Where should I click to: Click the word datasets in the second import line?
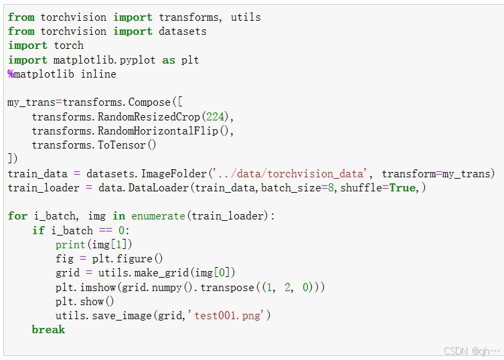tap(183, 31)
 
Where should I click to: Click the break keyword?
tap(48, 329)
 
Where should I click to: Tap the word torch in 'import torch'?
tap(68, 46)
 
